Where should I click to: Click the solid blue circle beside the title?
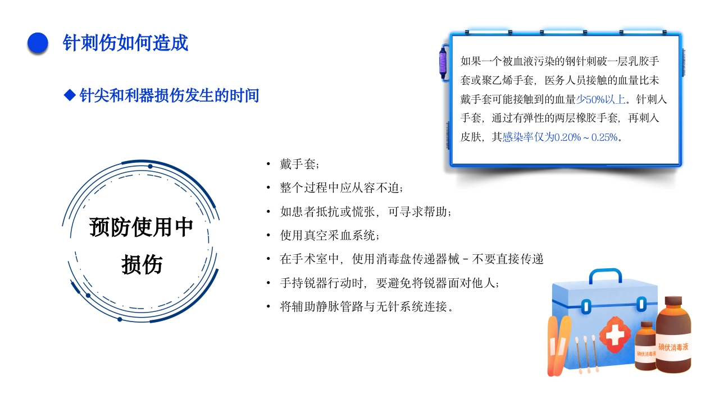(x=38, y=43)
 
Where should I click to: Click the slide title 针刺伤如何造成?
(x=125, y=43)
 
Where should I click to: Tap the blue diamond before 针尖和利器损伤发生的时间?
(x=70, y=95)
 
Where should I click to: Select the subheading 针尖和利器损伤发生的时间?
(x=169, y=95)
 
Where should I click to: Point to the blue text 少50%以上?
(x=600, y=100)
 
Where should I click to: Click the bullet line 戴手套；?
(x=299, y=164)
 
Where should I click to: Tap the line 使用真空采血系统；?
(x=334, y=235)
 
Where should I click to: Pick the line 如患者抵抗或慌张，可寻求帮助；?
(x=366, y=212)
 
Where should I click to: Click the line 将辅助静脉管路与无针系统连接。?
(x=366, y=307)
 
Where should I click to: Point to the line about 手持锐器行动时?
(x=389, y=283)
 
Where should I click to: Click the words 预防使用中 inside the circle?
(x=141, y=227)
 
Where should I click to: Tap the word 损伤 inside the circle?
(x=142, y=264)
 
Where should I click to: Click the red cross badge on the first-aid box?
(x=615, y=336)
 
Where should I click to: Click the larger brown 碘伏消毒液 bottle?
(x=674, y=337)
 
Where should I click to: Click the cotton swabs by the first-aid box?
(x=585, y=353)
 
